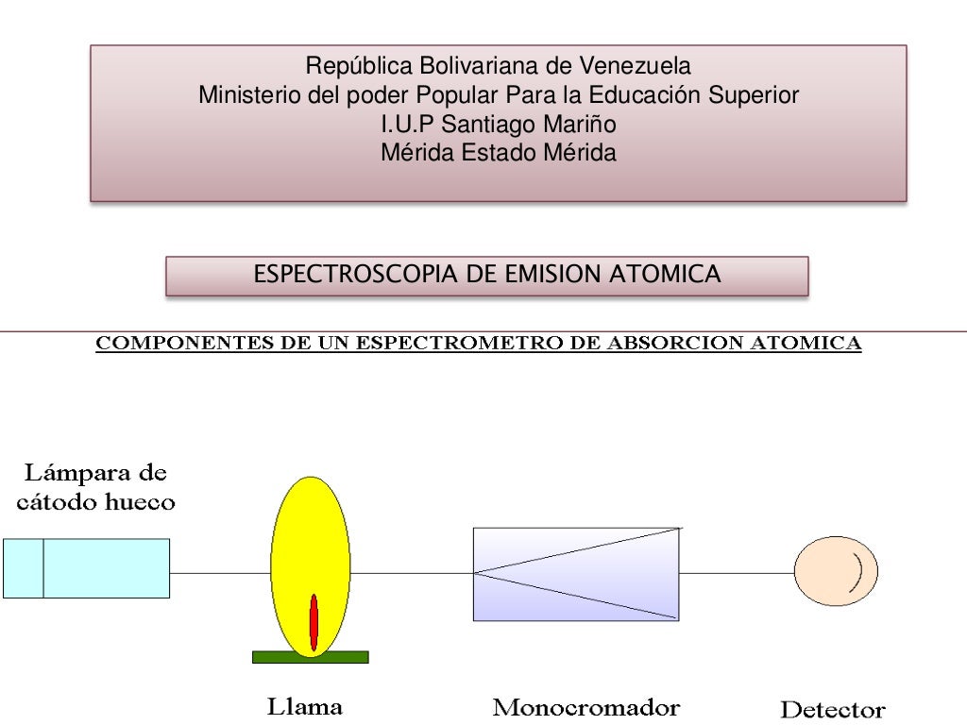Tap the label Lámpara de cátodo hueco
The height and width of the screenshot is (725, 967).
pos(96,485)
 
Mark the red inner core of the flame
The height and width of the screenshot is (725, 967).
pos(314,623)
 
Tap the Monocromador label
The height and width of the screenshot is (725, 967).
pos(587,706)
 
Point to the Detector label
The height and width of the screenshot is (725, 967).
pos(832,709)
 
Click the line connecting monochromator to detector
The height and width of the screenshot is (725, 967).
pos(736,573)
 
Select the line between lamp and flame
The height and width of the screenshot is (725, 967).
pos(220,573)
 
